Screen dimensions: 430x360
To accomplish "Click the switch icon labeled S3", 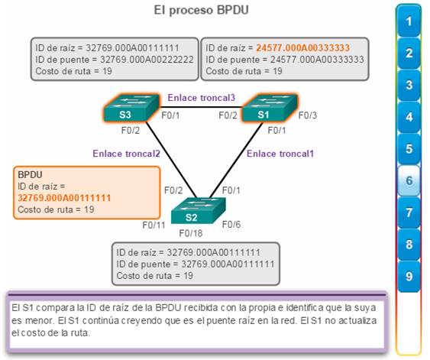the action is point(131,108).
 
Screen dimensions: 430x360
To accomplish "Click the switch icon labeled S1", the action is point(270,108).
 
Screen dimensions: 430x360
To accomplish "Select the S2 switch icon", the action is point(199,210).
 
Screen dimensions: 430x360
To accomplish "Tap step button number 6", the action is point(409,180).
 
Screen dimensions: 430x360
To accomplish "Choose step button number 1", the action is point(409,21).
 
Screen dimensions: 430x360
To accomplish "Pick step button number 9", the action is point(409,276).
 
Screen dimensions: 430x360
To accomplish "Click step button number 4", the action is point(409,117).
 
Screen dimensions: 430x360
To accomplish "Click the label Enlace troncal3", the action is point(202,98).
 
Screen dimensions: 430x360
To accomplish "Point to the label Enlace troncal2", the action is point(127,154).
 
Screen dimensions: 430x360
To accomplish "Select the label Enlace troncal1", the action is point(280,154).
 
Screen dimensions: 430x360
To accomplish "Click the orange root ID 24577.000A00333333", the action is point(303,48).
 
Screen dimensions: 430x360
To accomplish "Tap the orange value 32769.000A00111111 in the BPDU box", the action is point(64,198).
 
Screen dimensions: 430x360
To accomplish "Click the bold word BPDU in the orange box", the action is point(30,175).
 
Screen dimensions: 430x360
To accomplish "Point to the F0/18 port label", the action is point(191,234).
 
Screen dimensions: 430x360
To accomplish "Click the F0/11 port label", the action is point(154,225).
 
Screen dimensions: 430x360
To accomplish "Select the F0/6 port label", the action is point(231,225).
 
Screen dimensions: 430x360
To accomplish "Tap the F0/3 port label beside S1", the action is point(308,115).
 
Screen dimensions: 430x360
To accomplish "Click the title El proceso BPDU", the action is point(202,11).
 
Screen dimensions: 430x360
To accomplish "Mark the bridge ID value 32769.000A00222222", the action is point(147,60).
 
